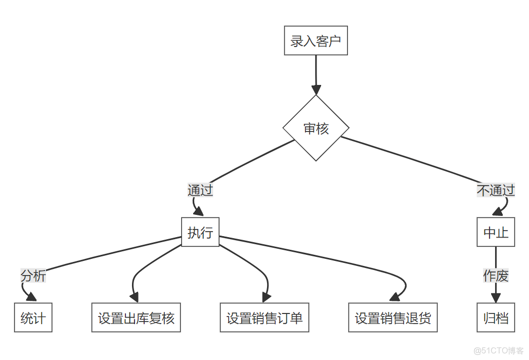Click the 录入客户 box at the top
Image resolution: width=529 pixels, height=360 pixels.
tap(316, 40)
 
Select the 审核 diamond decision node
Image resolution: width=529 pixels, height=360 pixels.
tap(316, 128)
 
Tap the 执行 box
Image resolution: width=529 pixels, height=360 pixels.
tap(200, 232)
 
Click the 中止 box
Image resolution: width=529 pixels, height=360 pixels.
tap(496, 232)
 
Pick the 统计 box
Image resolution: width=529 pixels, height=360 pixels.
tap(33, 318)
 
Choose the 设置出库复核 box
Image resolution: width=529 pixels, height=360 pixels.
tap(136, 318)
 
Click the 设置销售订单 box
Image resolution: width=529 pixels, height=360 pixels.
tap(264, 318)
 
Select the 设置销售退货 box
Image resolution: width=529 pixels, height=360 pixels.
tap(393, 318)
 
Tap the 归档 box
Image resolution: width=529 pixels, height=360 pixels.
tap(496, 318)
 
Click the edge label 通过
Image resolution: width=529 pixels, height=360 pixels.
tap(200, 190)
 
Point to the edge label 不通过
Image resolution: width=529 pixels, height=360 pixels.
tap(496, 190)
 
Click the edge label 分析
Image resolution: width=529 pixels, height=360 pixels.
tap(33, 276)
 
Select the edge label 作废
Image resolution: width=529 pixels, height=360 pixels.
tap(496, 276)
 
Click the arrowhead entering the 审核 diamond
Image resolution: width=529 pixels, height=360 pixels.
tap(316, 89)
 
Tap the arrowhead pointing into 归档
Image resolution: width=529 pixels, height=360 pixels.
tap(496, 298)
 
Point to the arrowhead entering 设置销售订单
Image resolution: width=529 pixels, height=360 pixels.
tap(266, 298)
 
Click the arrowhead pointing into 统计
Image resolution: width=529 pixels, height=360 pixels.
tap(32, 298)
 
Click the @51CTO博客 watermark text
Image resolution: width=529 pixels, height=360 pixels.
tap(499, 350)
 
